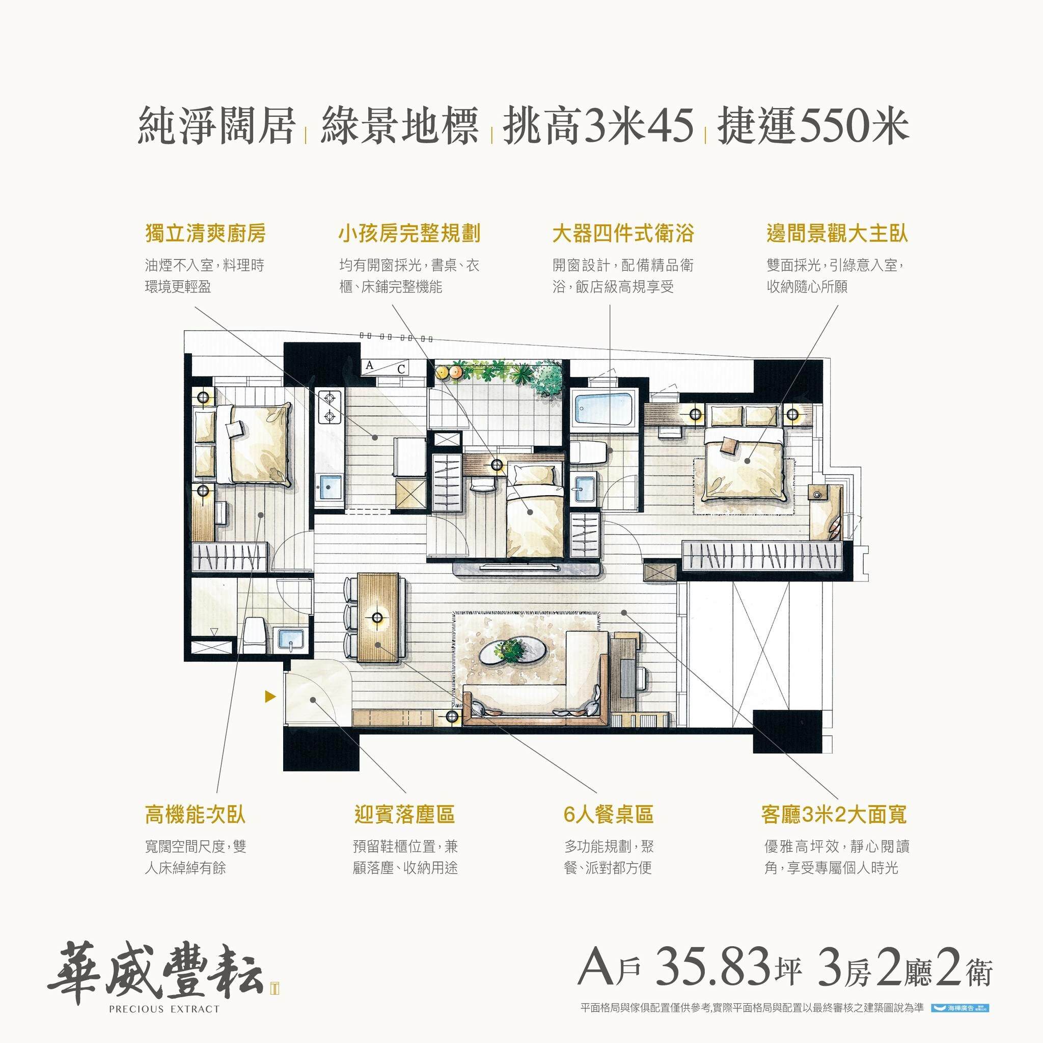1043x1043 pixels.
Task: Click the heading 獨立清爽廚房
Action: click(x=205, y=234)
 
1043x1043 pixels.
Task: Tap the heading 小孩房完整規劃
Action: click(x=408, y=234)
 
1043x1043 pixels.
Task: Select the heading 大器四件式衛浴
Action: click(x=622, y=234)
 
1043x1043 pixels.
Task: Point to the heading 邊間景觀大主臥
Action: click(x=837, y=234)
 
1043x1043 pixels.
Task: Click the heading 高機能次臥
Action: click(x=195, y=815)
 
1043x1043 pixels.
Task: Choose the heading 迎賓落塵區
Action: click(x=404, y=815)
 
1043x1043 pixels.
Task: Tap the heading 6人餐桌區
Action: click(x=608, y=815)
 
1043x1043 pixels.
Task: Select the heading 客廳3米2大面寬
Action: click(x=833, y=815)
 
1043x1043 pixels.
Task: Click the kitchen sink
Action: click(x=329, y=488)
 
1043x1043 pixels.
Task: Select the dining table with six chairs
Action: click(x=378, y=617)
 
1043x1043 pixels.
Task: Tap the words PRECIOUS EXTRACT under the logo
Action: click(x=164, y=1009)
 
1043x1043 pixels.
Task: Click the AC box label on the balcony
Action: click(x=385, y=367)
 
